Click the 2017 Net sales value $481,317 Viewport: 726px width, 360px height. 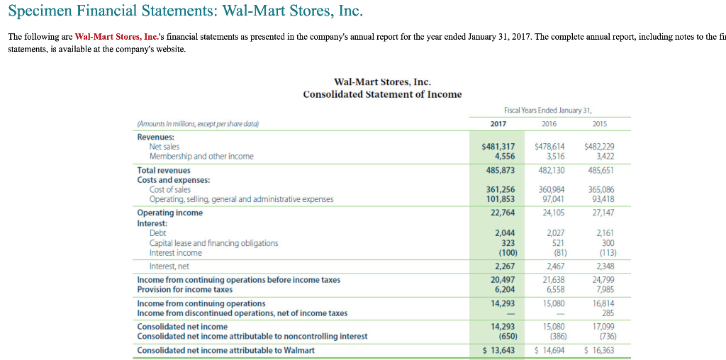point(498,147)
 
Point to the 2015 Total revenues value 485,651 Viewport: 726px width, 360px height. point(601,171)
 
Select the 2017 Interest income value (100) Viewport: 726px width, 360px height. point(506,253)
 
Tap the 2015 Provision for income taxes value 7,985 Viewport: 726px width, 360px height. point(604,290)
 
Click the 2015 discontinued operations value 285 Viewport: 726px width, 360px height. point(608,313)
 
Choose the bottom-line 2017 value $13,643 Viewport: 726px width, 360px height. point(498,351)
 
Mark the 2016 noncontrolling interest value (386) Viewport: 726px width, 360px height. point(554,337)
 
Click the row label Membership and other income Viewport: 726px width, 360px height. point(201,157)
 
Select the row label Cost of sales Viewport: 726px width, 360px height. point(169,189)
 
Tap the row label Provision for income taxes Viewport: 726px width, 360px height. point(184,290)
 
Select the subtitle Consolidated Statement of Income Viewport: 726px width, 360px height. point(382,94)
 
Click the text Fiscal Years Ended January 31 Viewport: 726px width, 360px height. point(547,110)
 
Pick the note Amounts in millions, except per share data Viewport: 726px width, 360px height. point(189,123)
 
